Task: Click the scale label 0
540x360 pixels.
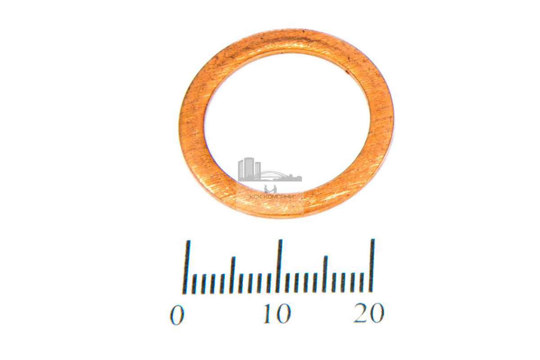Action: point(177,315)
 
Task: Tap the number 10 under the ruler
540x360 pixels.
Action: point(278,314)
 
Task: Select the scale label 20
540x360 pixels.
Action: point(369,313)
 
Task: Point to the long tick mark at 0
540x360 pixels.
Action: point(186,267)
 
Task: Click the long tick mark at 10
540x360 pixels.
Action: point(279,266)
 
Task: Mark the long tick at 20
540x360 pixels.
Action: point(372,265)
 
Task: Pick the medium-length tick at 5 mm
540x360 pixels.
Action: point(232,275)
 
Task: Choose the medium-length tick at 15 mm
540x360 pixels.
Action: point(325,274)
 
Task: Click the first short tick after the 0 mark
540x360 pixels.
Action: point(194,284)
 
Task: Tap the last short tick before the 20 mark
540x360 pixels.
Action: point(362,282)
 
